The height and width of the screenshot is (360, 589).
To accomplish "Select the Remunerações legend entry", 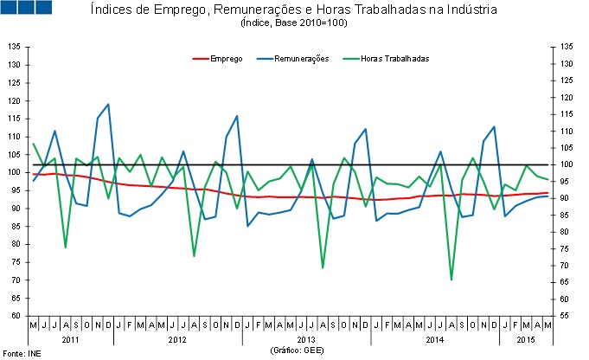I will [301, 58].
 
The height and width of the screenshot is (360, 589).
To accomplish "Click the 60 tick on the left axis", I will [16, 316].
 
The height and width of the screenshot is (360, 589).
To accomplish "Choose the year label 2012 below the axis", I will [176, 339].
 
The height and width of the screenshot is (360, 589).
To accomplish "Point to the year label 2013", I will [304, 339].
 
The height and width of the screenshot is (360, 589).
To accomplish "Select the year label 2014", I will [435, 339].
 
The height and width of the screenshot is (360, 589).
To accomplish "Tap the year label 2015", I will [526, 339].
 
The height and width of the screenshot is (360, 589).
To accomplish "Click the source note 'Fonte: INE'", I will [22, 353].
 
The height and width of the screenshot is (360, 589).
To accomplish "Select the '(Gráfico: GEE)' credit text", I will [296, 350].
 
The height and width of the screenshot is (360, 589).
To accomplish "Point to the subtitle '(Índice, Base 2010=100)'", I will [293, 23].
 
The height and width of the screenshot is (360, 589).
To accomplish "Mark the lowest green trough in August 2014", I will [451, 280].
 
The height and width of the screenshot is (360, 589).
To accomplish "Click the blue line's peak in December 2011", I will [108, 104].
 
